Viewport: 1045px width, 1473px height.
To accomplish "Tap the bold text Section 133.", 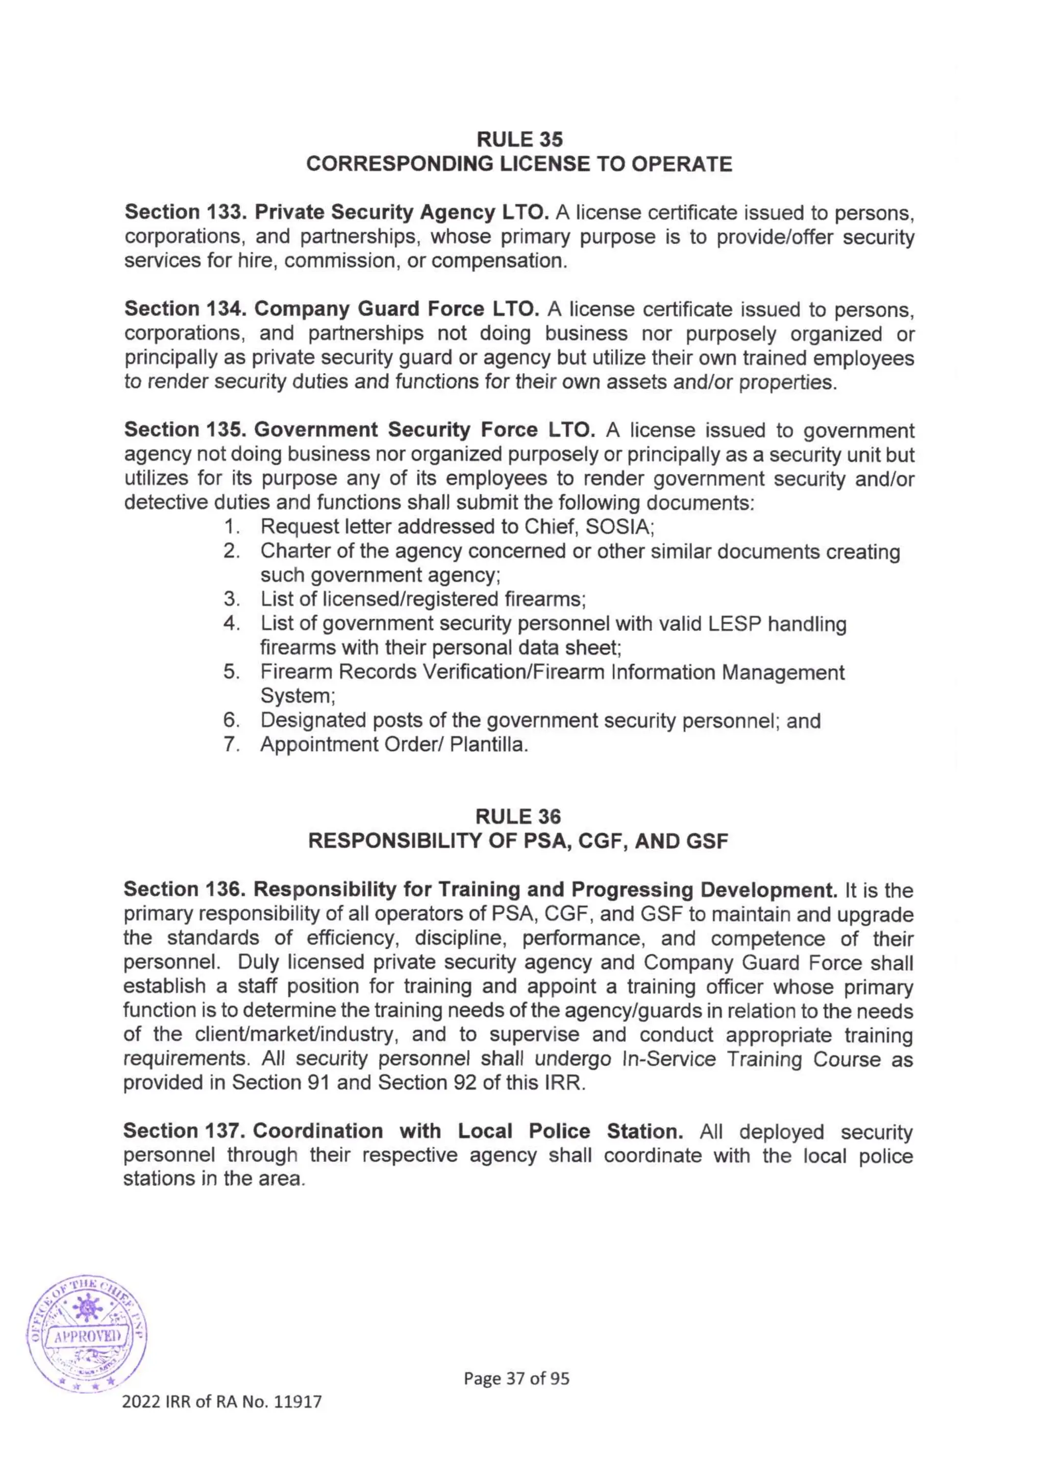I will pos(187,212).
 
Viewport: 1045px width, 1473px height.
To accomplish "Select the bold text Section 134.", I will pos(187,309).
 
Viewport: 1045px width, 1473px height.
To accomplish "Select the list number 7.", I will pos(231,745).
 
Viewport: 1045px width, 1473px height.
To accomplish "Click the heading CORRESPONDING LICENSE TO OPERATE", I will pos(518,164).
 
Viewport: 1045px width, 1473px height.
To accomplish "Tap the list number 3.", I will pos(231,599).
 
